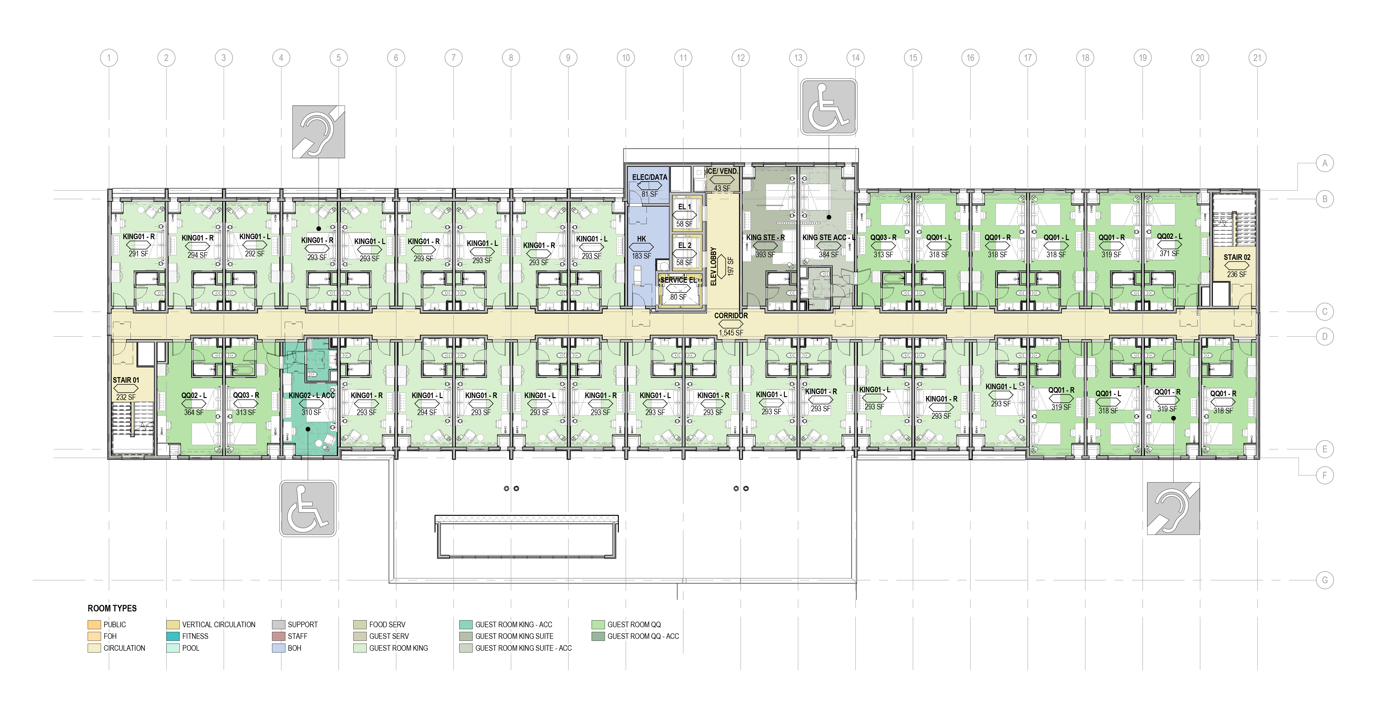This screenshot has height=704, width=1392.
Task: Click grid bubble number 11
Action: coord(683,58)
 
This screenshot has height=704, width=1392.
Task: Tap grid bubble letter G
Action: coord(1325,580)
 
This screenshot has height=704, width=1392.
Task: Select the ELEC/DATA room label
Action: coord(649,177)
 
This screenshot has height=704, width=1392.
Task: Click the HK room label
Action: coord(641,239)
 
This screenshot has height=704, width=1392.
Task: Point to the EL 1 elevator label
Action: coord(685,206)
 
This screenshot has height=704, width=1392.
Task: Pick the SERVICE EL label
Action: coord(678,280)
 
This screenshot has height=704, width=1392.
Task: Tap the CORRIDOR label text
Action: coord(731,315)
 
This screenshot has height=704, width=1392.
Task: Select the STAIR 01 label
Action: coord(126,380)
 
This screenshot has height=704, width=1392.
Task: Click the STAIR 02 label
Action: coord(1237,257)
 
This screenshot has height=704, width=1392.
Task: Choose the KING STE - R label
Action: coord(765,237)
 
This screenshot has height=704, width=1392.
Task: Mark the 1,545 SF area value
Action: coord(731,333)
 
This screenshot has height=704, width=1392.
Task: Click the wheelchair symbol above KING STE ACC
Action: coord(828,107)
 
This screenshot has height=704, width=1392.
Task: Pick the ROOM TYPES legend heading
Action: coord(112,608)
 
